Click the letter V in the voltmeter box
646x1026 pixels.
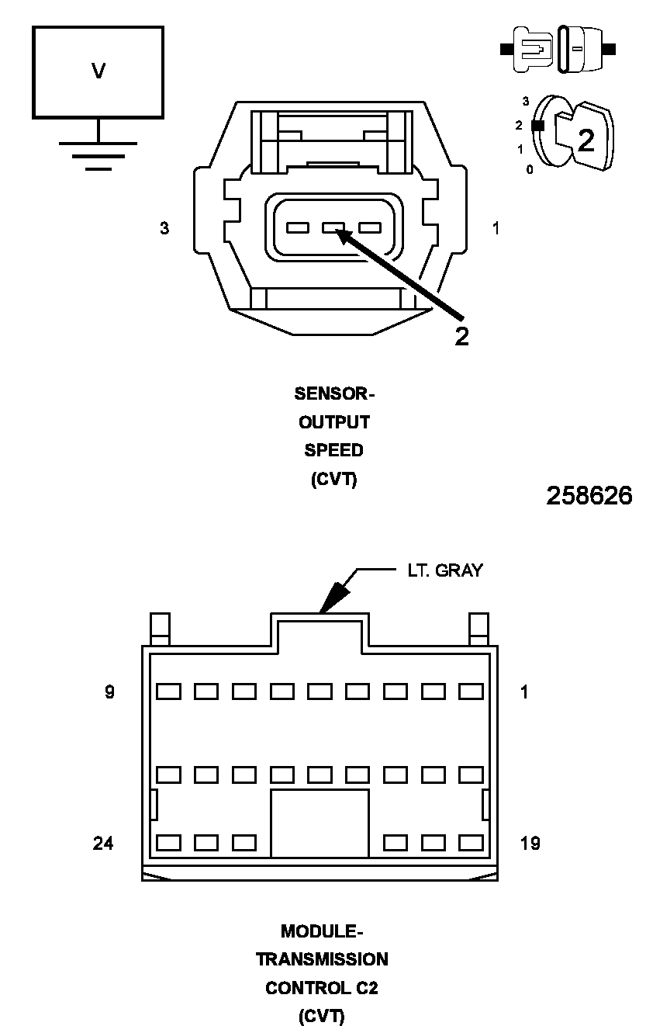pos(98,71)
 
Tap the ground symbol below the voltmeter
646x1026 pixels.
pos(98,154)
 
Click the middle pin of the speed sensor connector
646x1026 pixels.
pos(334,228)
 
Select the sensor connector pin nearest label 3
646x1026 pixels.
pos(297,228)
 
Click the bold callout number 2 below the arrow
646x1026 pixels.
pos(461,337)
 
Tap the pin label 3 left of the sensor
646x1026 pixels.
pos(164,229)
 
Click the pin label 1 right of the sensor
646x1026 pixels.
pos(496,228)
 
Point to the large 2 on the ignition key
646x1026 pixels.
pos(586,140)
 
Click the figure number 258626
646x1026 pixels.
pos(589,496)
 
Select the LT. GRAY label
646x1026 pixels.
pos(445,570)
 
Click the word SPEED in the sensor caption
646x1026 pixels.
pos(333,450)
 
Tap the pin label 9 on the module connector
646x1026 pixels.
pos(110,692)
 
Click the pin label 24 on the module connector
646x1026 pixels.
pos(103,843)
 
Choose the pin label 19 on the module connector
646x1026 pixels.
pos(530,843)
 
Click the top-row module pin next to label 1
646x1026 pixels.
pos(471,691)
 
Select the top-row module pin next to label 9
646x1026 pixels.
pos(168,691)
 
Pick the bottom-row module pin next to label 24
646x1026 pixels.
pos(168,842)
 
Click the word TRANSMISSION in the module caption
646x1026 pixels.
pos(323,959)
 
